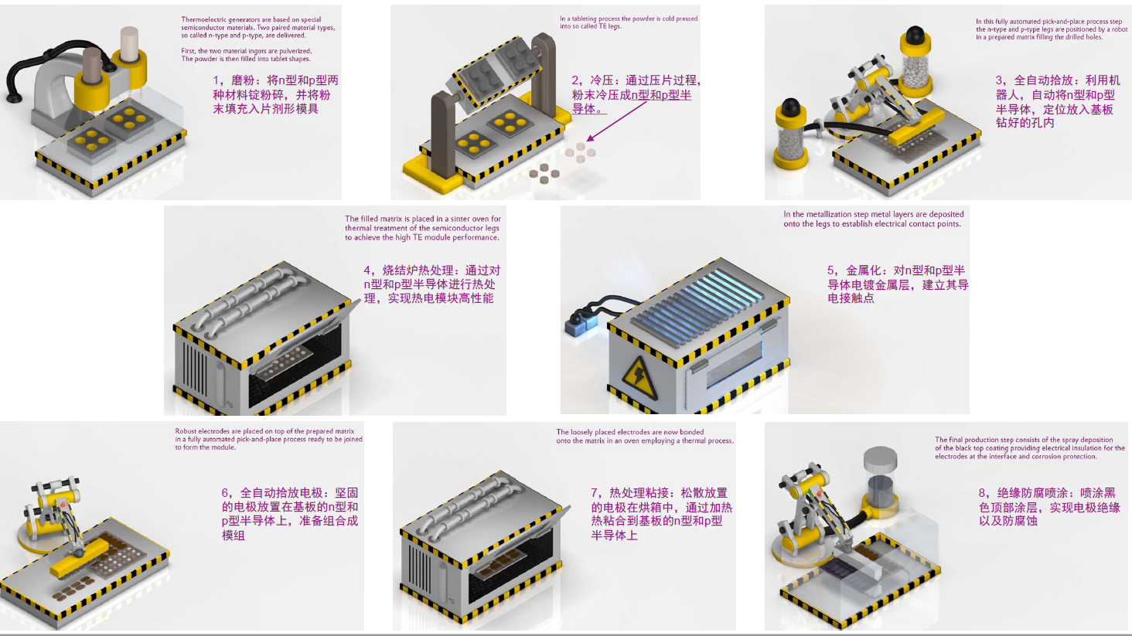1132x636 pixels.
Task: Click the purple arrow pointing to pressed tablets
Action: (616, 121)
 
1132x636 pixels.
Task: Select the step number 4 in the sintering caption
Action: (367, 270)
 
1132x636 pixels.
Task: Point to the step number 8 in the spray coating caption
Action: (982, 492)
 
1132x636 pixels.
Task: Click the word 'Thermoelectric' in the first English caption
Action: (199, 19)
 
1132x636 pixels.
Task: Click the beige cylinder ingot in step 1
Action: (129, 46)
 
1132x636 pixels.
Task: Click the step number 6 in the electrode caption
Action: (225, 492)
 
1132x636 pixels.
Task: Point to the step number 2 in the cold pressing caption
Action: (575, 80)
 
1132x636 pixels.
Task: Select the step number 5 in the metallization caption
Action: (830, 270)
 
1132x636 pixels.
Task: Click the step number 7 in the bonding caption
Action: (595, 492)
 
